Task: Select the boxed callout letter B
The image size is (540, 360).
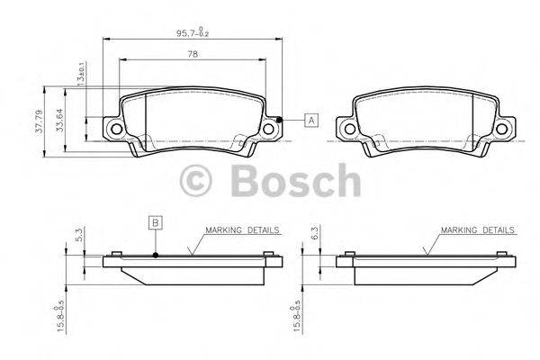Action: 155,222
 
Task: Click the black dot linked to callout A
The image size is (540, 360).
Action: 280,121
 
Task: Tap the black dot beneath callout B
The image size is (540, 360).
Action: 155,255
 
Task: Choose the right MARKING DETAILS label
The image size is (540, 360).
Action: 477,230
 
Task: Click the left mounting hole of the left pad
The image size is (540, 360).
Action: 113,130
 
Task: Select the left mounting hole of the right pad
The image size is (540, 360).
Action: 346,130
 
